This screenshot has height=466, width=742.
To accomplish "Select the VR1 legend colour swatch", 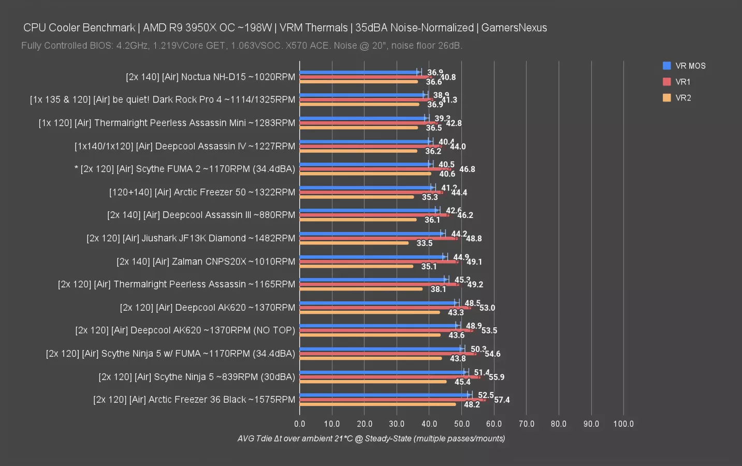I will [x=667, y=82].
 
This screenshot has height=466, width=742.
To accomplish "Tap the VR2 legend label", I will [x=683, y=98].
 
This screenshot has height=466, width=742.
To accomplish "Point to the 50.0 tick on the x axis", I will [x=462, y=424].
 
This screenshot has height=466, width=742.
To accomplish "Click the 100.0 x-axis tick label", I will [x=623, y=424].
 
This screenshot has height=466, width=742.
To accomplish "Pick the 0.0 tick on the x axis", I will [x=300, y=424].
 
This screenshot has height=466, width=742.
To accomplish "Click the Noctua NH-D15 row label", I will [x=210, y=77].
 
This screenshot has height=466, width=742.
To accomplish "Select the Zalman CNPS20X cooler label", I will [x=206, y=261].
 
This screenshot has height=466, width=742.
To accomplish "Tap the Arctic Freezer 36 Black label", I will [x=194, y=400].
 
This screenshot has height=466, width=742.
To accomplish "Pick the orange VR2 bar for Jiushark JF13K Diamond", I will [x=354, y=243].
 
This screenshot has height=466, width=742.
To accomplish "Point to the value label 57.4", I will [x=502, y=400].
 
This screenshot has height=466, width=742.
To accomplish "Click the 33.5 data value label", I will [x=425, y=243].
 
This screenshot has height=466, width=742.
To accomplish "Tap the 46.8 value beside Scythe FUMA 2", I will [x=467, y=169].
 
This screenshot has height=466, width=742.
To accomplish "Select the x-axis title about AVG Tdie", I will [x=371, y=439].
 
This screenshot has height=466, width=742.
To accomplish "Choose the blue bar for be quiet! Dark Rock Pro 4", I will [x=361, y=95].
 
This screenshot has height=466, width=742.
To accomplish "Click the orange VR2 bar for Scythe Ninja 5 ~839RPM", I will [x=373, y=382].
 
